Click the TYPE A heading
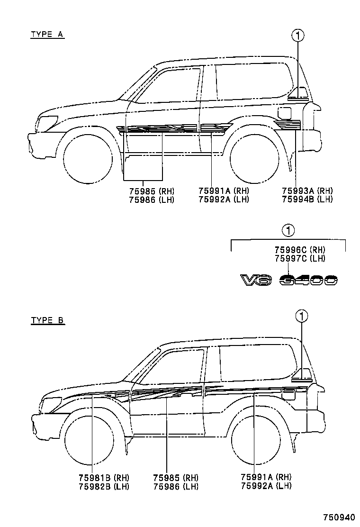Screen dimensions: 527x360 [x=47, y=34]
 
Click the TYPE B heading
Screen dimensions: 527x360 [x=47, y=320]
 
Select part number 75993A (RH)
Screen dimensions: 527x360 [x=307, y=191]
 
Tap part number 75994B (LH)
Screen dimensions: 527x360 [x=307, y=199]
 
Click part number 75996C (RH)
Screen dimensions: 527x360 [x=300, y=250]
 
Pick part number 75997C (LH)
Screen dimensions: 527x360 [x=300, y=258]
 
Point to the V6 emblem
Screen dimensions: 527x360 [x=256, y=281]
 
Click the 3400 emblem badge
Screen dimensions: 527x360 [x=308, y=281]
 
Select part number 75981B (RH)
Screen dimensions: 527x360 [x=104, y=477]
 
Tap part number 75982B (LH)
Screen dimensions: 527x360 [x=104, y=486]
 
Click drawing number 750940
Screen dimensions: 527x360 [x=339, y=516]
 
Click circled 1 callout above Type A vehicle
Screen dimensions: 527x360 [x=298, y=34]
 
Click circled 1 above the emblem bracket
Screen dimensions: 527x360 [x=288, y=230]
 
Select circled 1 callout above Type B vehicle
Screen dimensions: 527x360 [x=302, y=315]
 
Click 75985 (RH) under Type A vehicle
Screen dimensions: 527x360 [x=151, y=191]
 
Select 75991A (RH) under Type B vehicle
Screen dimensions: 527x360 [x=266, y=477]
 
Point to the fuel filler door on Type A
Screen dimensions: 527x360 [x=285, y=113]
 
